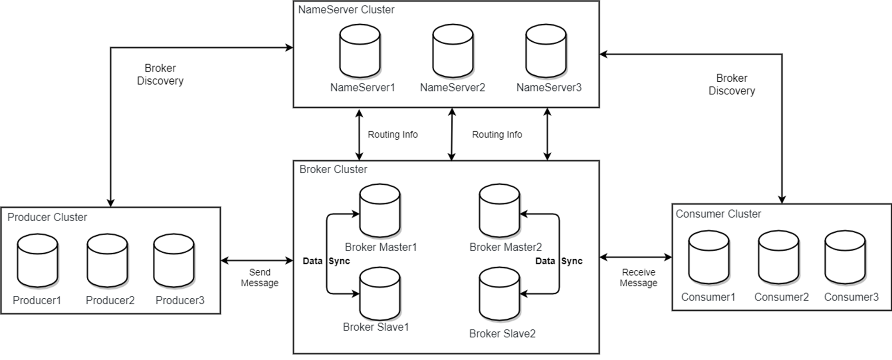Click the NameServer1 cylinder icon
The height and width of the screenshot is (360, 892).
[359, 51]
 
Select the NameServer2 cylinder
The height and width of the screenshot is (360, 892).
[453, 51]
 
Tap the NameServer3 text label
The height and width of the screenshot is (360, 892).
[549, 88]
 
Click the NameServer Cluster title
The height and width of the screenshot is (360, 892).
[346, 10]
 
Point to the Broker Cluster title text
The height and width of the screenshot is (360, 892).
[333, 169]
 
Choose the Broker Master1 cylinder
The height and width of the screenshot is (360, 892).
[379, 211]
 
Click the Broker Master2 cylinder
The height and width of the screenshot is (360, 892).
[499, 211]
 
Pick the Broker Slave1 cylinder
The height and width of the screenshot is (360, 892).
[379, 294]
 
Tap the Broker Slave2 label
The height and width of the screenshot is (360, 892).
[502, 334]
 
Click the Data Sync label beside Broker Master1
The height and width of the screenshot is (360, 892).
[326, 261]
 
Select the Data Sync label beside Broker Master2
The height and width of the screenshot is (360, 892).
[559, 261]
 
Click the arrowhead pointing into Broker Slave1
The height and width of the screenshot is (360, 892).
[355, 294]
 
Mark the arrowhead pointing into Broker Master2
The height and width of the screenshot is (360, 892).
[524, 214]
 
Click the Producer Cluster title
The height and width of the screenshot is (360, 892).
[47, 217]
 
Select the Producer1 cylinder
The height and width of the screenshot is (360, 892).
[37, 260]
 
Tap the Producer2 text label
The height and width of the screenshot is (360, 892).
[110, 300]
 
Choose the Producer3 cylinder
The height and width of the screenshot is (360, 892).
[174, 260]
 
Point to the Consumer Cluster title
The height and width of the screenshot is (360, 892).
[718, 214]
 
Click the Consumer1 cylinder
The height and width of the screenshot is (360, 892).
[709, 257]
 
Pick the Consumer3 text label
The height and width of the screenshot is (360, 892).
[851, 297]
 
